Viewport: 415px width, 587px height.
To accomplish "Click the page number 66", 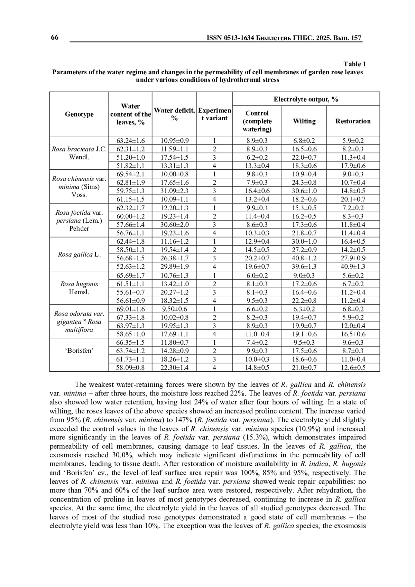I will (x=55, y=38).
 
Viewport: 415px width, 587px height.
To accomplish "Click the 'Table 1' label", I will (x=354, y=64).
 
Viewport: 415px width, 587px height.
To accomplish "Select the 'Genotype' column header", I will (x=79, y=114).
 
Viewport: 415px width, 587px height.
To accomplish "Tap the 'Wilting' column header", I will (x=304, y=121).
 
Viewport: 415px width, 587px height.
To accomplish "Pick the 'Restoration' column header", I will (x=353, y=121).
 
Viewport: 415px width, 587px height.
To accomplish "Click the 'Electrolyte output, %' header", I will (x=306, y=100).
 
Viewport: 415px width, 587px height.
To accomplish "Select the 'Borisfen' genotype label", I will (x=79, y=351).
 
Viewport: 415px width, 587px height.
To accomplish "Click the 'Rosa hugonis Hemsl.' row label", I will (x=79, y=288).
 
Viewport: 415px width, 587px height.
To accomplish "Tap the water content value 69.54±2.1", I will (x=130, y=174).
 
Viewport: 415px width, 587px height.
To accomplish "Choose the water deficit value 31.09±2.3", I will (x=174, y=191).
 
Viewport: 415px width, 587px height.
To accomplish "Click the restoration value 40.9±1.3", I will (x=353, y=267).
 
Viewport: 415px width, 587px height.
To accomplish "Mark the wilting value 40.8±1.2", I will (x=304, y=258).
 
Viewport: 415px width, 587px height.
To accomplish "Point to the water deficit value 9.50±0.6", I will (x=174, y=309).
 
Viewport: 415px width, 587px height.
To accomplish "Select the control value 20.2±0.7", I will (x=257, y=258).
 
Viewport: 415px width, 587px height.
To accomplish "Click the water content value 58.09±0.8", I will (x=130, y=368).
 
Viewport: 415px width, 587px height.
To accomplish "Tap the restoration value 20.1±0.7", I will (x=353, y=199).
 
